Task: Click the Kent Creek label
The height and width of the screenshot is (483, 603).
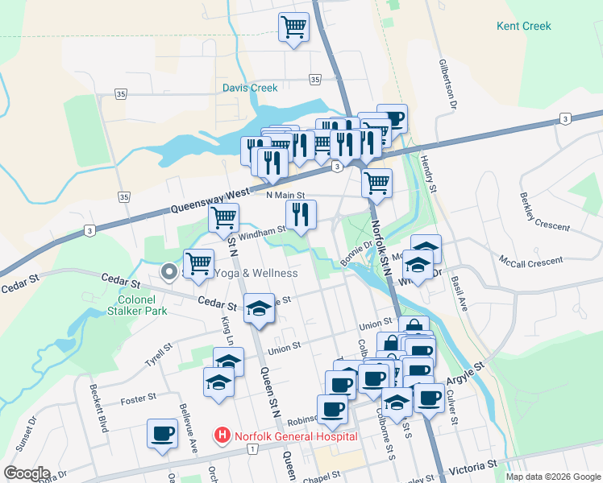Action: pos(524,26)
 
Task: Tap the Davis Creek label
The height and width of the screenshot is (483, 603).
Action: pos(250,88)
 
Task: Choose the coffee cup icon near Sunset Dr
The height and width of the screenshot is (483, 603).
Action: pos(162,434)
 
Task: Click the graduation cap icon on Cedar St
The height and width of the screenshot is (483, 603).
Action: pos(259,308)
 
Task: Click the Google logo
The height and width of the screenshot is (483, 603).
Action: pos(27,473)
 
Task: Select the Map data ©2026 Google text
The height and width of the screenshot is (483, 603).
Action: pos(552,477)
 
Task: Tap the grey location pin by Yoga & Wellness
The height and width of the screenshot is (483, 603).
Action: pos(168,273)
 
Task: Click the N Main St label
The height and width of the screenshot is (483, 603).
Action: pos(285,195)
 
